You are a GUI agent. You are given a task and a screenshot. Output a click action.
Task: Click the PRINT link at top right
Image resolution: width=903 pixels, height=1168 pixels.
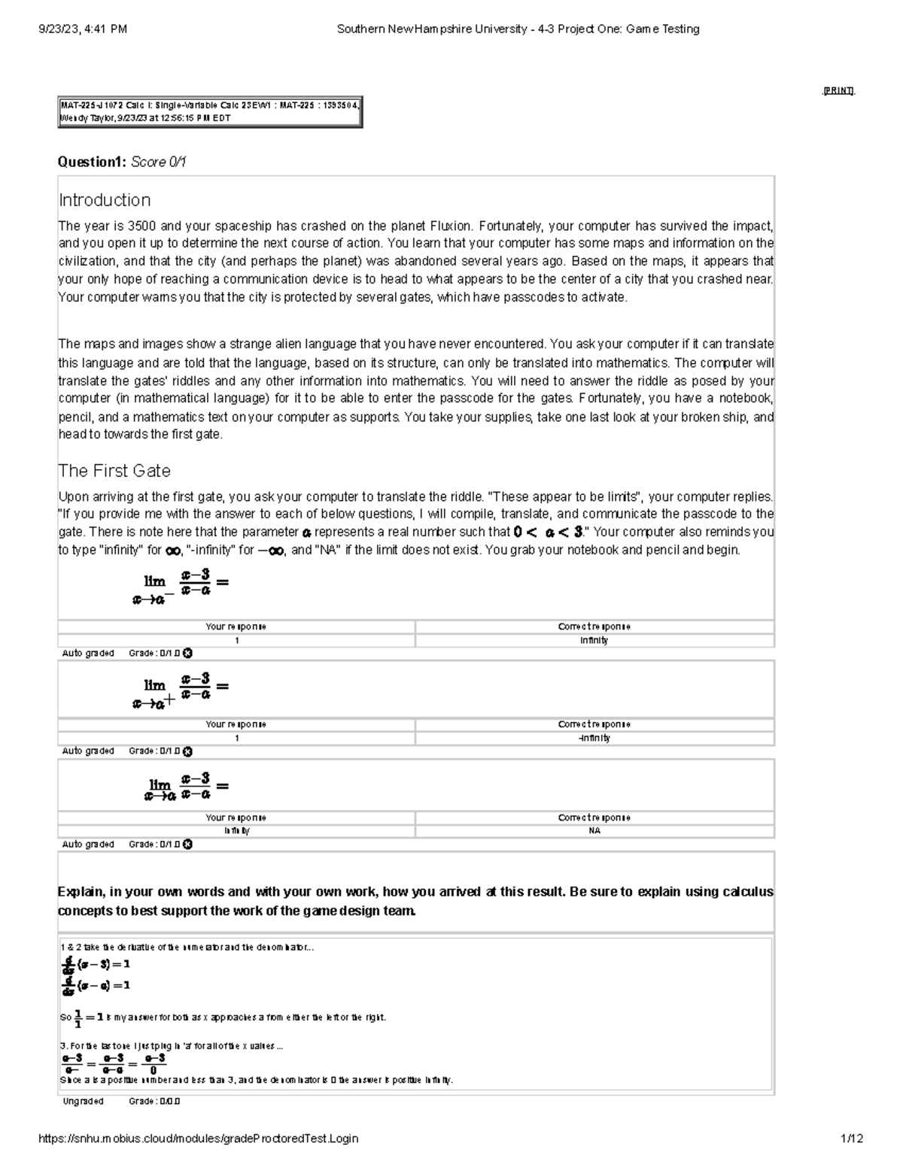[x=838, y=91]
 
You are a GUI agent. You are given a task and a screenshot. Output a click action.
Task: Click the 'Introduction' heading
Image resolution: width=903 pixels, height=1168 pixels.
[x=105, y=200]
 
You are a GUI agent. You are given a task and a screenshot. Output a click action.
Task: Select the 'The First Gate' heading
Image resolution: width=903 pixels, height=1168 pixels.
[x=114, y=471]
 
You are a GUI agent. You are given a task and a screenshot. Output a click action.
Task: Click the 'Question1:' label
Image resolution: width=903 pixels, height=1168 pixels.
[x=93, y=162]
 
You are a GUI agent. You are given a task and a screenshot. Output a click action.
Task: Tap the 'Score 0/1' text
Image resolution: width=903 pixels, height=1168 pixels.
[x=159, y=162]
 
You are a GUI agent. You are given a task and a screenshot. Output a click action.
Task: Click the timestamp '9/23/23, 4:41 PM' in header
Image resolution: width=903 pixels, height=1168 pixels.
[x=83, y=29]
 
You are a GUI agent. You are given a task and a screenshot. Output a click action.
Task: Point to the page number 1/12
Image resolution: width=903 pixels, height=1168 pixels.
[x=852, y=1139]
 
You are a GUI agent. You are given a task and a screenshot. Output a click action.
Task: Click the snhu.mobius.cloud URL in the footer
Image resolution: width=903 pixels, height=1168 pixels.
[x=198, y=1139]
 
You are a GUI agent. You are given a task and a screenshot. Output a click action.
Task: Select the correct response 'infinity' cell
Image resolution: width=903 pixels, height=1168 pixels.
[x=594, y=641]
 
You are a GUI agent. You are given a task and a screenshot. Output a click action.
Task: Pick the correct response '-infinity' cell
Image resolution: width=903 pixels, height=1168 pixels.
[x=594, y=739]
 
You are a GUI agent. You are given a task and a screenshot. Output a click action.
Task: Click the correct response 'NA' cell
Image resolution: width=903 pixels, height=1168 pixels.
[x=594, y=831]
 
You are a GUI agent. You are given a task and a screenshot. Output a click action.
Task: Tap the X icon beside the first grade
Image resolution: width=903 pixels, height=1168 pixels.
[x=187, y=654]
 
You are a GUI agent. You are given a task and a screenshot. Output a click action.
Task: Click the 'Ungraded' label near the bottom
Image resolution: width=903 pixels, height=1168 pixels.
[x=83, y=1101]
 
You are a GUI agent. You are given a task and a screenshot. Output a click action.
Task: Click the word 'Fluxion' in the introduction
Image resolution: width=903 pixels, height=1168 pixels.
[x=450, y=226]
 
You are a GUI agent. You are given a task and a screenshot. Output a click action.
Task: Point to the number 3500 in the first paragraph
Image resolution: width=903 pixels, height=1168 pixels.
[x=142, y=226]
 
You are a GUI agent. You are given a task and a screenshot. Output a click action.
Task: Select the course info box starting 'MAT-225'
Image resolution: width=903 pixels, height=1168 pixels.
[x=210, y=112]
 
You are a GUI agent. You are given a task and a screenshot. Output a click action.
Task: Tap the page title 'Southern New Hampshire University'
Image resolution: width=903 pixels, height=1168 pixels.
[x=432, y=29]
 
